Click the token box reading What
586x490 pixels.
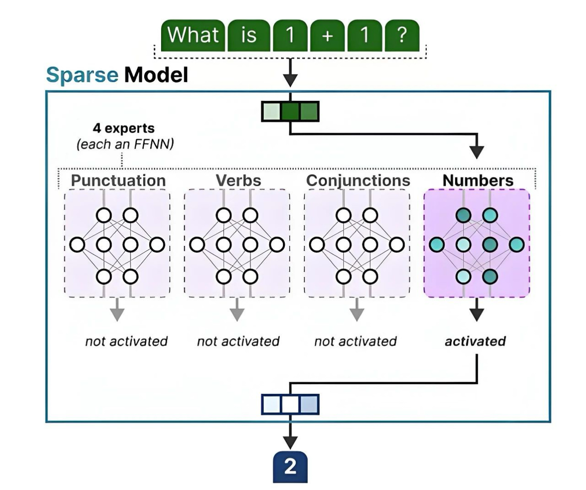(193, 35)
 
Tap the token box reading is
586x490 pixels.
(249, 35)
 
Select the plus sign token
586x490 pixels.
(327, 35)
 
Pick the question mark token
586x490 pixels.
(402, 35)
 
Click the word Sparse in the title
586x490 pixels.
(82, 75)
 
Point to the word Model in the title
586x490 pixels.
(156, 75)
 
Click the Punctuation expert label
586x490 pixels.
(118, 181)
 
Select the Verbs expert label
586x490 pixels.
(238, 181)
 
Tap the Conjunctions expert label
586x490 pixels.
(358, 181)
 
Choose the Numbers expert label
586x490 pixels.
(478, 181)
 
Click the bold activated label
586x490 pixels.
(475, 341)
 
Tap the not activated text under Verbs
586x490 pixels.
(238, 341)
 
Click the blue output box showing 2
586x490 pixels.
(290, 467)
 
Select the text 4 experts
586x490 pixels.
(123, 128)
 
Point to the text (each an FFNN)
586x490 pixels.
(125, 144)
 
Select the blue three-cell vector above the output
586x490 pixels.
(290, 404)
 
